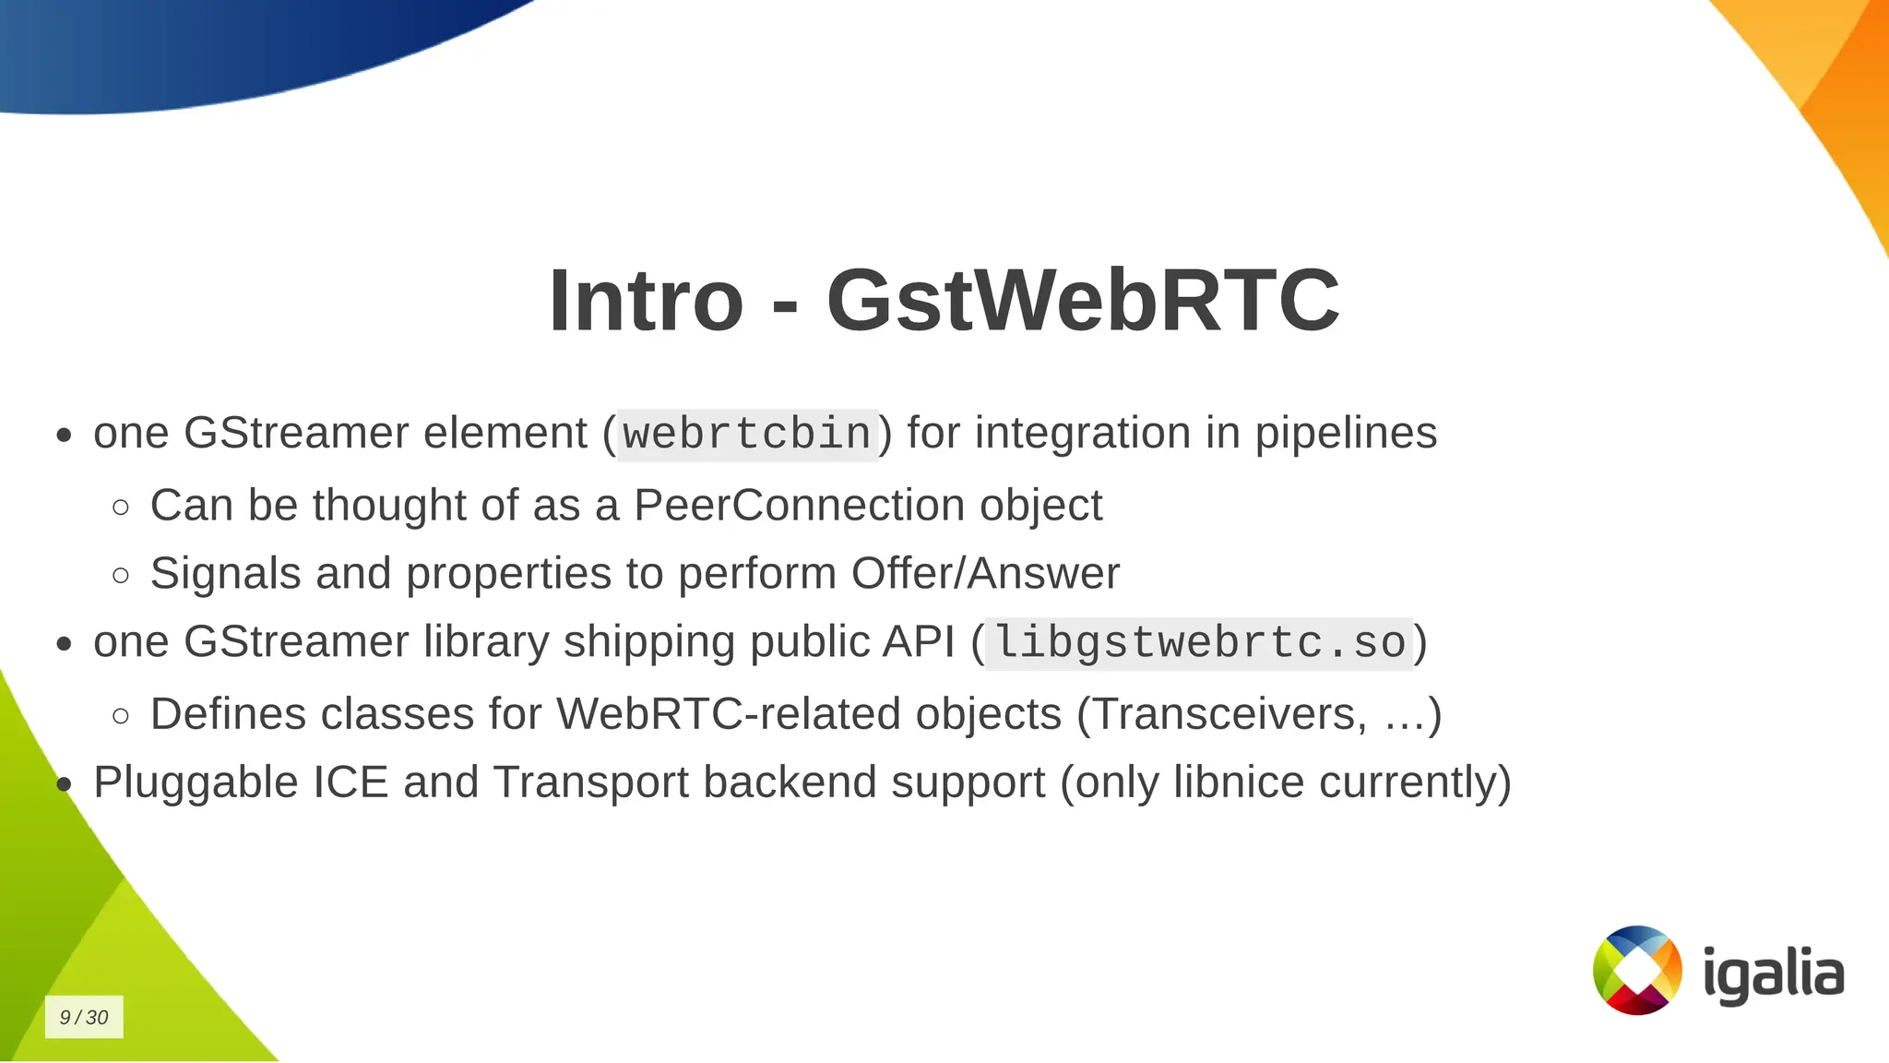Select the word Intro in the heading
click(x=646, y=301)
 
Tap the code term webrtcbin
click(x=747, y=435)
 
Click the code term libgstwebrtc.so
click(x=1199, y=643)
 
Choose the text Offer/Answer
click(x=985, y=574)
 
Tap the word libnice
click(x=1239, y=782)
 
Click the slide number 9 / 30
click(x=84, y=1017)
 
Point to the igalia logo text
click(x=1773, y=973)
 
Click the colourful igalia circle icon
click(x=1637, y=970)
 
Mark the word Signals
click(x=225, y=574)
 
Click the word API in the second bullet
click(x=918, y=642)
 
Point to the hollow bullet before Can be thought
click(x=121, y=507)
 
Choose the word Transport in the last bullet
click(x=590, y=782)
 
